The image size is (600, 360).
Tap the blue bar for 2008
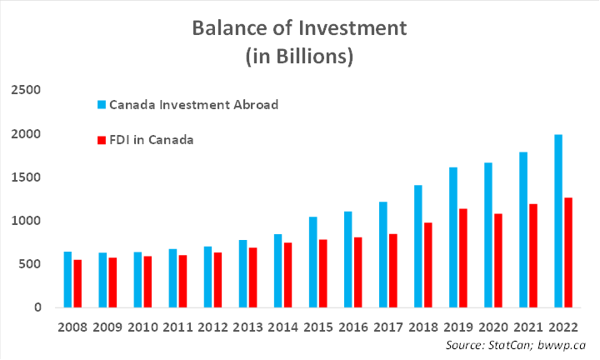(67, 279)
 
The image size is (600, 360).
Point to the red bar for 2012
(217, 280)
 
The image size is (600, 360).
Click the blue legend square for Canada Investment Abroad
(102, 105)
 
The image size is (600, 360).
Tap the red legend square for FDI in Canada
(102, 140)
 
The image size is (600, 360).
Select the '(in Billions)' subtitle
(300, 57)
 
